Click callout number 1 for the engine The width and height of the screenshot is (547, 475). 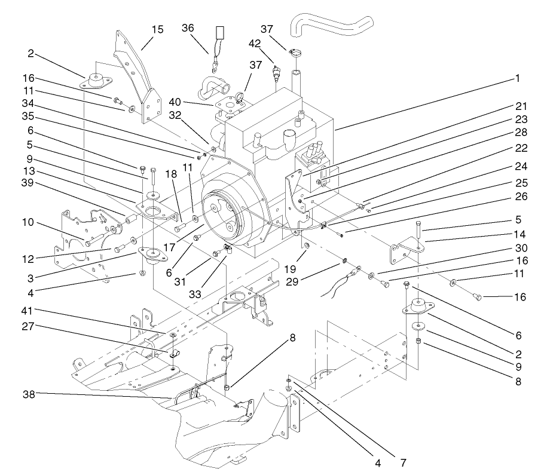(x=518, y=78)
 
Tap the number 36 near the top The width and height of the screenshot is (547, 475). (x=189, y=27)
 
